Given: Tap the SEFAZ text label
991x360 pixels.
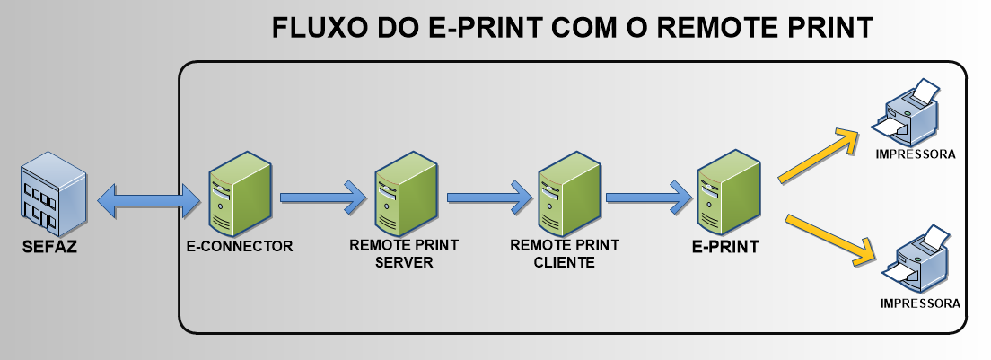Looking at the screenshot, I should pos(49,247).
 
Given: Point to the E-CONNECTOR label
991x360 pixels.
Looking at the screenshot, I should pos(240,245).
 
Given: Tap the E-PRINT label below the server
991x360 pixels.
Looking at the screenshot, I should pos(726,246).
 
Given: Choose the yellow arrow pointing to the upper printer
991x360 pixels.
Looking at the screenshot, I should pos(820,154).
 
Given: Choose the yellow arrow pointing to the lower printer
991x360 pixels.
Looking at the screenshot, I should pos(830,239).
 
